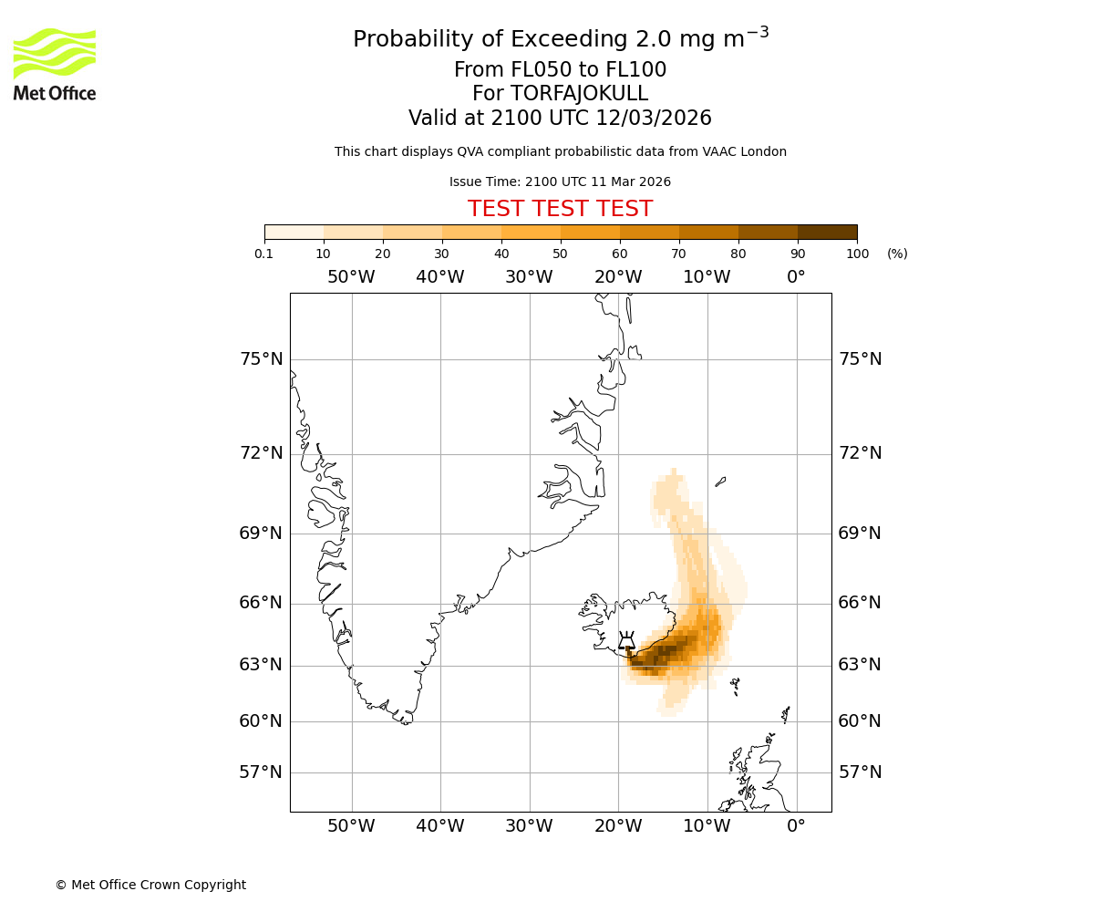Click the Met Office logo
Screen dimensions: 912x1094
pos(55,64)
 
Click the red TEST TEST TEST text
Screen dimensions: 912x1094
pos(560,209)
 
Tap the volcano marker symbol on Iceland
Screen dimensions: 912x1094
pos(626,640)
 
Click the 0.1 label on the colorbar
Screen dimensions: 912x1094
pos(264,254)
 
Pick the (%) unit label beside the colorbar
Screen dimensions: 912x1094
pos(897,254)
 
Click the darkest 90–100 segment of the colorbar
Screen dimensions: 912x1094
pos(827,232)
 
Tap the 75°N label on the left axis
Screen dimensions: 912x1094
pos(261,359)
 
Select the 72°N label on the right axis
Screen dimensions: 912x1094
pos(860,453)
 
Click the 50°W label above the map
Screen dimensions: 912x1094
pos(351,277)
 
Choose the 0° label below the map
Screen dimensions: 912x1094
pos(796,826)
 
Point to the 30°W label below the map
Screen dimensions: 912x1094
pos(529,826)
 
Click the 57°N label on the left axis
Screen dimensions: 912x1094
pos(261,772)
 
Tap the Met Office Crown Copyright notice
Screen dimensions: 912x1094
pos(150,885)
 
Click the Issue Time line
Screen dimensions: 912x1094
pos(560,181)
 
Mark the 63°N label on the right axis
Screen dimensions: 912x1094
pos(860,665)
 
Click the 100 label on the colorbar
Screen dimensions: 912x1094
pos(857,254)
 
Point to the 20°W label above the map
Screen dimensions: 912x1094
pos(618,277)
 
